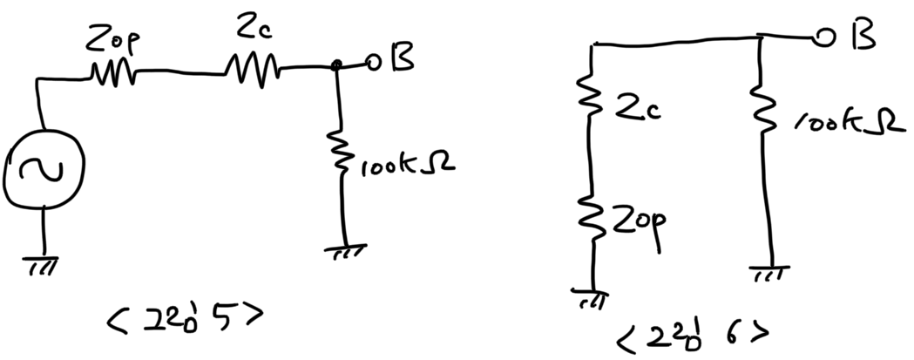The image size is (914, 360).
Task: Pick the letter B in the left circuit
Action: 403,61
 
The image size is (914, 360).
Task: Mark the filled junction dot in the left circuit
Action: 338,65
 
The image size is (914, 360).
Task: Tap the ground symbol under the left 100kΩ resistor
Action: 345,252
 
